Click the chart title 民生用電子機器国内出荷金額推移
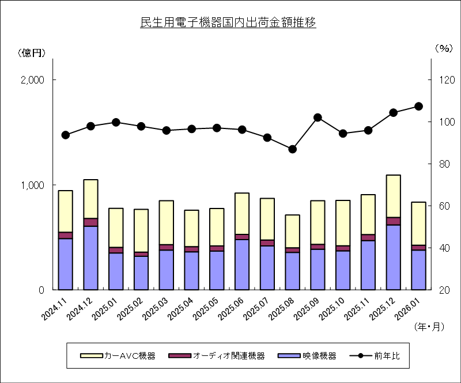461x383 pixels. pos(228,24)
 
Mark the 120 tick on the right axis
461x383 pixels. pos(444,80)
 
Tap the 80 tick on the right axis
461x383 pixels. pos(444,164)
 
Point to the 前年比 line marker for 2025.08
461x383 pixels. pos(293,149)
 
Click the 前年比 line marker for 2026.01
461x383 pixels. pos(419,106)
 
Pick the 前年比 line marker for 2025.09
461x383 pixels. pos(318,117)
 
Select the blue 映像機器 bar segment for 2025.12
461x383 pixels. pos(394,257)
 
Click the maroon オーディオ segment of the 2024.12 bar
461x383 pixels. pos(91,222)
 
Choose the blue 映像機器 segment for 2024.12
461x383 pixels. pos(91,258)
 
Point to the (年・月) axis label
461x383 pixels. pos(429,326)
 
